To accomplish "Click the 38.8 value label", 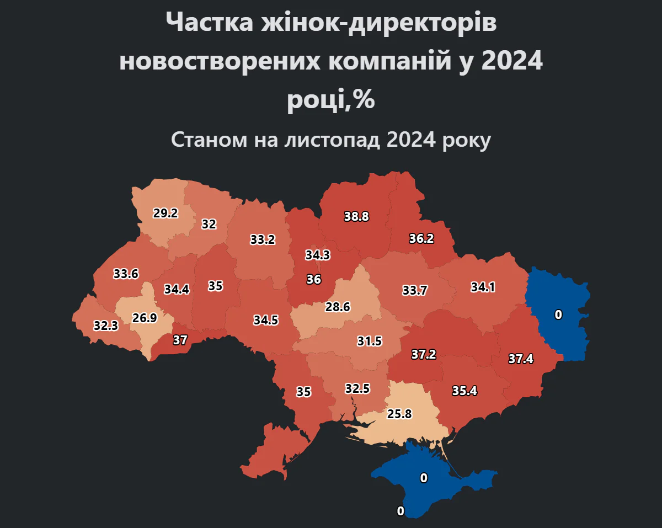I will tap(356, 217).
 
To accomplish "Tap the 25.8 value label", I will tap(399, 413).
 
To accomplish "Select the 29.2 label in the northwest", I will tap(165, 213).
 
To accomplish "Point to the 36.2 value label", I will tap(421, 239).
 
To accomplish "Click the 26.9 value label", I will tap(145, 318).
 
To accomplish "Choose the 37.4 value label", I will tap(521, 359).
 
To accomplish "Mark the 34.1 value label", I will tap(483, 287).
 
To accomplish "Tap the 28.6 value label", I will tap(338, 307).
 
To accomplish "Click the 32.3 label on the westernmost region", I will tap(105, 326).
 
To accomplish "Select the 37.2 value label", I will tap(424, 354).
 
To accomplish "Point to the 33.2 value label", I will tap(262, 239).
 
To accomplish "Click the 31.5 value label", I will tap(369, 341).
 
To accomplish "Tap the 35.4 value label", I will tap(465, 391).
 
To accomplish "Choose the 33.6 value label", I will tap(126, 274).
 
